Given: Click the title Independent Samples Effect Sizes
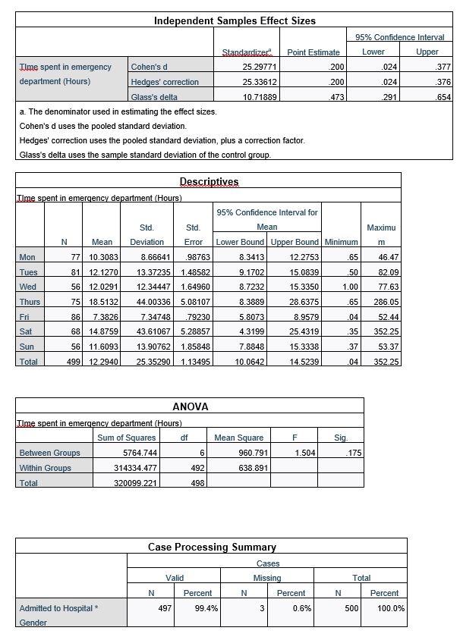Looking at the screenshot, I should (x=235, y=20).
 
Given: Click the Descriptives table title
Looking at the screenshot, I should (x=209, y=182).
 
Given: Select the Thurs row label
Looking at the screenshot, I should (x=30, y=301).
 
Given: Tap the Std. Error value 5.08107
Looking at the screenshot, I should (x=197, y=301).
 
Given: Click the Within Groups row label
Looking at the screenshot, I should (x=45, y=468).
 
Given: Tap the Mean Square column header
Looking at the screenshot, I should (x=239, y=438).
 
